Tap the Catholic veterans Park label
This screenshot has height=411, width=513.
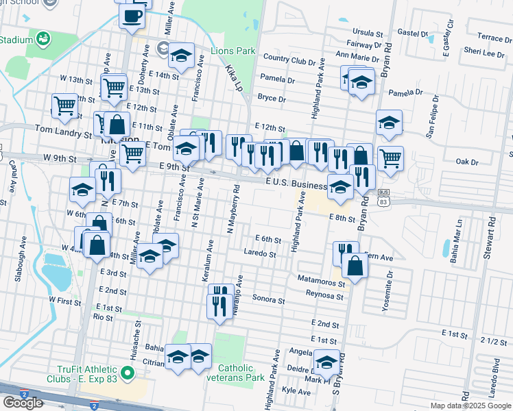(241, 373)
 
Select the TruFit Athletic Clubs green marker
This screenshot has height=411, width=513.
(127, 373)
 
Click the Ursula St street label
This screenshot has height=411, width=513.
(367, 32)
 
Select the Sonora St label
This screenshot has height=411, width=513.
(268, 300)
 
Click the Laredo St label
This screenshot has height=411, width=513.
(259, 254)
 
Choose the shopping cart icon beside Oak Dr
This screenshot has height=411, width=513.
(390, 158)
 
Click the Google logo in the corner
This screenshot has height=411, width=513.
(23, 403)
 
